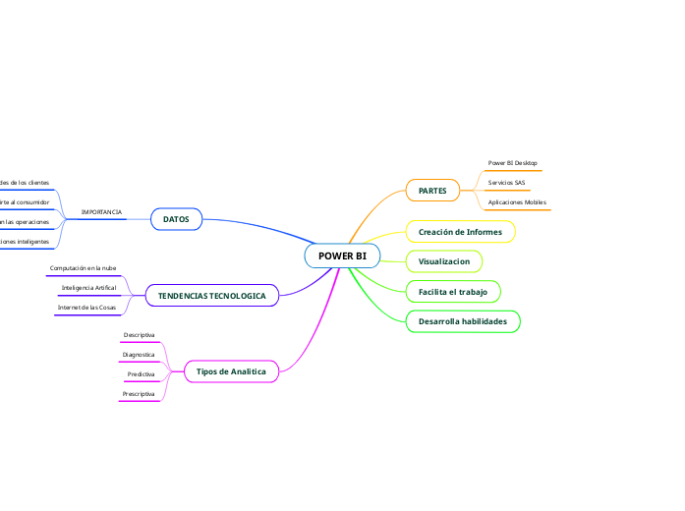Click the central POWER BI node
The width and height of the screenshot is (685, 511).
342,255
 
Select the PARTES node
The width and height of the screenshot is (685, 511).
432,190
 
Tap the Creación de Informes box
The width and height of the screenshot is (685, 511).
460,232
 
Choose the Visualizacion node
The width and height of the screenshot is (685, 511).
444,261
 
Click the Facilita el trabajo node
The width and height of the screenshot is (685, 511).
452,292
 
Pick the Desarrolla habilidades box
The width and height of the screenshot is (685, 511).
462,321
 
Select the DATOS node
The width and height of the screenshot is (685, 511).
176,218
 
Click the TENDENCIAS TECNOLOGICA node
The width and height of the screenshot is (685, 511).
211,295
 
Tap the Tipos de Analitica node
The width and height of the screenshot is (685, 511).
231,371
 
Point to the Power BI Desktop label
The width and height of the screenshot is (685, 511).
512,163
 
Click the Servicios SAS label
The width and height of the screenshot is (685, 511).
506,183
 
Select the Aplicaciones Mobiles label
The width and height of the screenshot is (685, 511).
516,201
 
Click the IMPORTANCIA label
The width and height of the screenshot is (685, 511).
101,212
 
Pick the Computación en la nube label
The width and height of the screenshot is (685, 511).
83,267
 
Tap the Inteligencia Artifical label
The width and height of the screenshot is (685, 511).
88,288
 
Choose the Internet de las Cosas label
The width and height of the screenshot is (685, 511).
86,308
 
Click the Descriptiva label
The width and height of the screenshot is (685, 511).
139,335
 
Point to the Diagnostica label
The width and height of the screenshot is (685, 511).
139,354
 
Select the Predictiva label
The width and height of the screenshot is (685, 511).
141,374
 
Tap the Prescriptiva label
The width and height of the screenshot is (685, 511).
139,393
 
